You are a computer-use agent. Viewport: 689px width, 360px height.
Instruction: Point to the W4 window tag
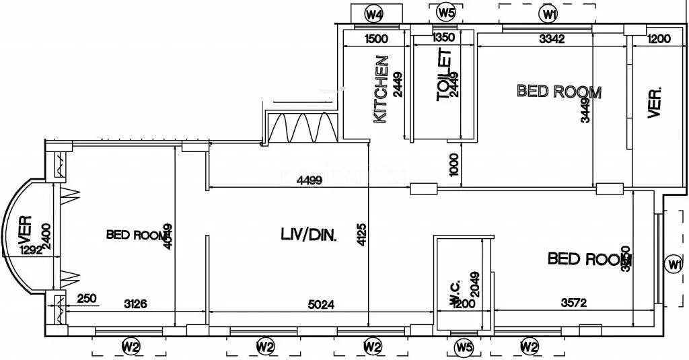[x=374, y=13]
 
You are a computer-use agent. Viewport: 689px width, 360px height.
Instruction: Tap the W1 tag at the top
[x=550, y=13]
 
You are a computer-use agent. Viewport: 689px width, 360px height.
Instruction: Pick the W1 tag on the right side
[x=673, y=264]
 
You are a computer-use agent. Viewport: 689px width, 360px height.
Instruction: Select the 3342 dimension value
[x=551, y=39]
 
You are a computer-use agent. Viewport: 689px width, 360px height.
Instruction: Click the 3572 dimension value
[x=574, y=303]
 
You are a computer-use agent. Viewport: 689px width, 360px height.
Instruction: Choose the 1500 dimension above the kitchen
[x=375, y=39]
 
